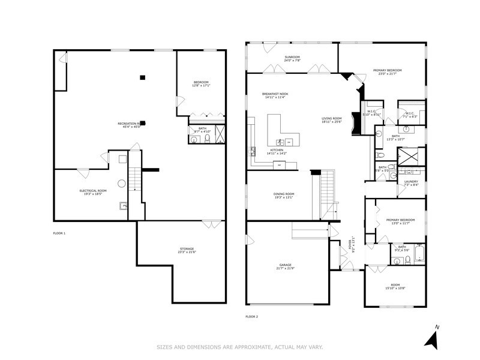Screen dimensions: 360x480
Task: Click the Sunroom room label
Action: point(292,59)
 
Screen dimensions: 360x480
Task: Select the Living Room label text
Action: point(331,120)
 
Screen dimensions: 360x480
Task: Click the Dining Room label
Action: point(284,196)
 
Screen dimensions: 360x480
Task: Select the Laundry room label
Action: point(411,183)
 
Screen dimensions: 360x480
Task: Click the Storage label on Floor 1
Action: point(187,250)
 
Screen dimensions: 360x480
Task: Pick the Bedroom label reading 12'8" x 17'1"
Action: point(200,83)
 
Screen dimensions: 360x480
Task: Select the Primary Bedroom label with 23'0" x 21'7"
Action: point(387,72)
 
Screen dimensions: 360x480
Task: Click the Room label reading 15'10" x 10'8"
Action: point(395,287)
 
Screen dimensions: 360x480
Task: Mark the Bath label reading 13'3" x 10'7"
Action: point(395,137)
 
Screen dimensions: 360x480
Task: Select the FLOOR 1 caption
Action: point(59,232)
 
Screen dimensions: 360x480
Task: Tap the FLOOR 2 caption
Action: point(252,316)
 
